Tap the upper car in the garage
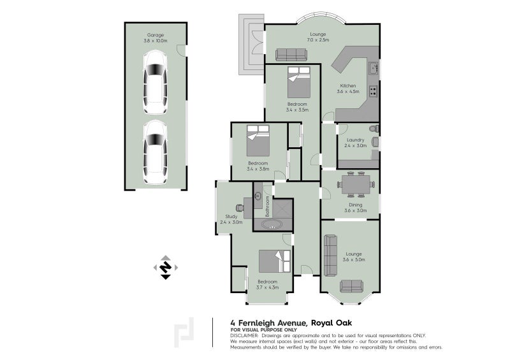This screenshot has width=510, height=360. (156, 82)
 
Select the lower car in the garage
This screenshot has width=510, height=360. (156, 152)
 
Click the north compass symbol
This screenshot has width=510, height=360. (166, 268)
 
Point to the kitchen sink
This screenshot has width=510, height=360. (373, 68)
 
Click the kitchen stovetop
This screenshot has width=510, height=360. (373, 91)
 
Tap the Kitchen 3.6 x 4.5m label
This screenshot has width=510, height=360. (348, 89)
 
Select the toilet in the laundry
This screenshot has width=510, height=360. (375, 129)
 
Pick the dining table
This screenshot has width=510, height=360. (356, 184)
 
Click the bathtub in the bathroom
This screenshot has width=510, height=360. (273, 224)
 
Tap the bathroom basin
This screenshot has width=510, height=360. (258, 196)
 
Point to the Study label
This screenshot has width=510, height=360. (231, 216)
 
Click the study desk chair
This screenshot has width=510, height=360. (240, 208)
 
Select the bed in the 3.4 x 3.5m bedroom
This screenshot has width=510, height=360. (298, 82)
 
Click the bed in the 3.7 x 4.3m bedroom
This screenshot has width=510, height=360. (275, 261)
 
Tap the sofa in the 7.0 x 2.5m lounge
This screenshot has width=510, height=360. (291, 55)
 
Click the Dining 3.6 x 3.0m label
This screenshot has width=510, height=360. (356, 208)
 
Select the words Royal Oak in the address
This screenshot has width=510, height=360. (331, 323)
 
